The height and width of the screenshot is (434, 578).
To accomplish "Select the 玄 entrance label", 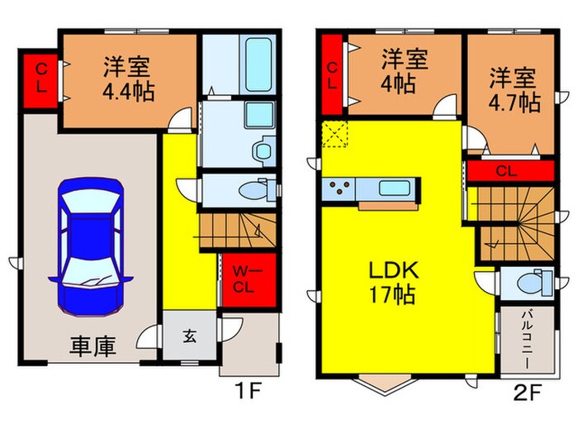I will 189,336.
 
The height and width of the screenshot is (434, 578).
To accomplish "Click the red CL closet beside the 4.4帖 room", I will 40,81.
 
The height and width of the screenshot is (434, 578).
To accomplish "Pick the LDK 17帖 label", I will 394,281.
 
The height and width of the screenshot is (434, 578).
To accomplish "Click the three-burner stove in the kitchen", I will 339,189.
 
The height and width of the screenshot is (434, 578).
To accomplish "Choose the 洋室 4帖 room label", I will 404,72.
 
